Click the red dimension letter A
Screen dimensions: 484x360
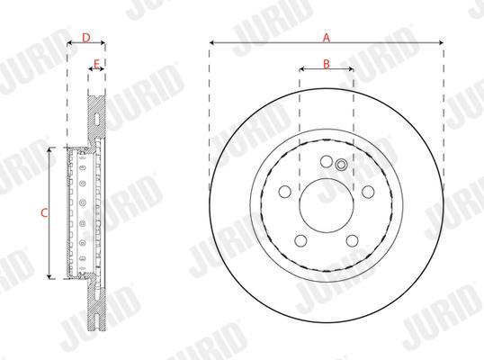327,38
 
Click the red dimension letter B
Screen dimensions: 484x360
327,64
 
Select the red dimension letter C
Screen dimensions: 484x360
44,212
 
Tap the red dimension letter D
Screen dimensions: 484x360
86,38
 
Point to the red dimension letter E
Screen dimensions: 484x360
96,64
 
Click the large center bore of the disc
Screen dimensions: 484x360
327,205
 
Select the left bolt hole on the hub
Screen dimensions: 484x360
284,192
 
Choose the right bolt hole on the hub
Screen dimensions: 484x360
368,192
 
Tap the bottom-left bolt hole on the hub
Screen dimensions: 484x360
300,241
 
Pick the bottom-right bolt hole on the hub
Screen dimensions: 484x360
352,241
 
